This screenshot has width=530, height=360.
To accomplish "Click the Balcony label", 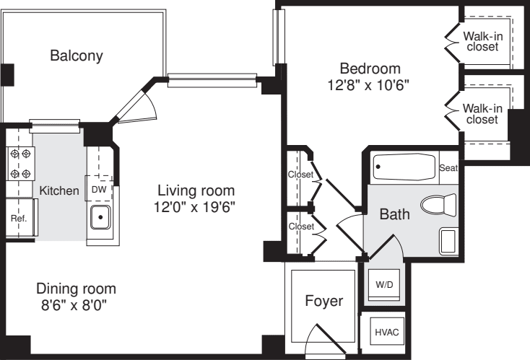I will coord(77,56).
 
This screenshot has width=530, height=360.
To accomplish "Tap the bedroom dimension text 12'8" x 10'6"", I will coord(370,84).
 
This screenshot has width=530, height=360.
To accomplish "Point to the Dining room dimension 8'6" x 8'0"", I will coord(77,304).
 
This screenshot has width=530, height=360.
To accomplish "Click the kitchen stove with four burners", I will coord(20,163).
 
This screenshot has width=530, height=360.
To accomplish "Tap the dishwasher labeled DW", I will coord(99,189).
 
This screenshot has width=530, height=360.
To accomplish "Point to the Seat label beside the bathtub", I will coord(448,168).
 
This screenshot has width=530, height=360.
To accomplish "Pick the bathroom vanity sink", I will coord(447,240).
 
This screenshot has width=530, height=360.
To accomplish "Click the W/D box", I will coord(384,284).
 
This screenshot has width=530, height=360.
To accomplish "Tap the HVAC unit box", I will coord(386,332).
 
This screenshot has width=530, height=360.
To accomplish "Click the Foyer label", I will coord(323,301).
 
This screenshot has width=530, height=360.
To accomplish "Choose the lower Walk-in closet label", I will coord(482,113).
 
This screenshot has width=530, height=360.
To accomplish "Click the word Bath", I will coord(394,214).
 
